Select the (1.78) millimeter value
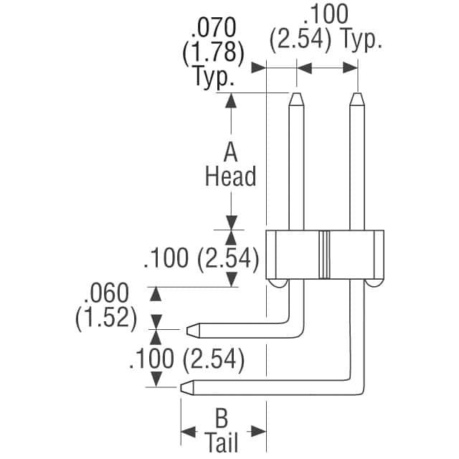[x=216, y=53]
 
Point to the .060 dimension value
[x=106, y=293]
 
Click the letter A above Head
[x=230, y=153]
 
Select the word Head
[x=230, y=176]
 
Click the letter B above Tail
[x=222, y=418]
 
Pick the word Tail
[x=222, y=442]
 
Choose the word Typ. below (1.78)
[x=214, y=76]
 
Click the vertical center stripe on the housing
[x=325, y=255]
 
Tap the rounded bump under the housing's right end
[x=374, y=284]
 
